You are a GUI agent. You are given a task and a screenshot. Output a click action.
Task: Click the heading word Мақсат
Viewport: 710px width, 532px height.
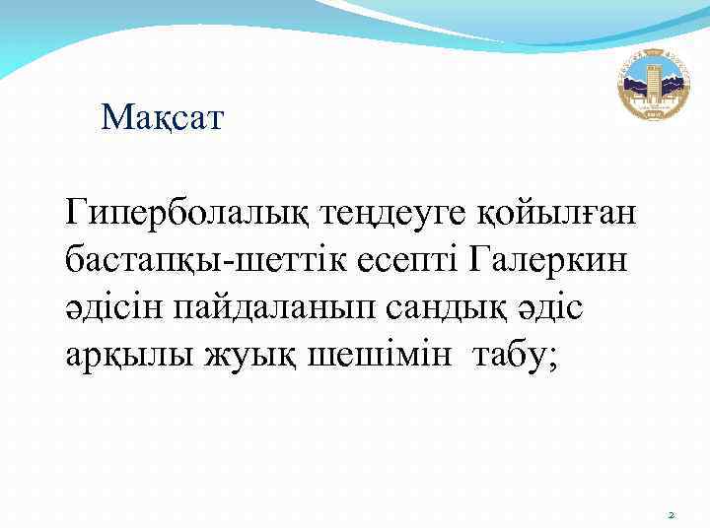[x=163, y=120]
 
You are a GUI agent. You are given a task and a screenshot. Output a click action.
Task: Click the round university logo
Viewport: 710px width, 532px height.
[x=655, y=84]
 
